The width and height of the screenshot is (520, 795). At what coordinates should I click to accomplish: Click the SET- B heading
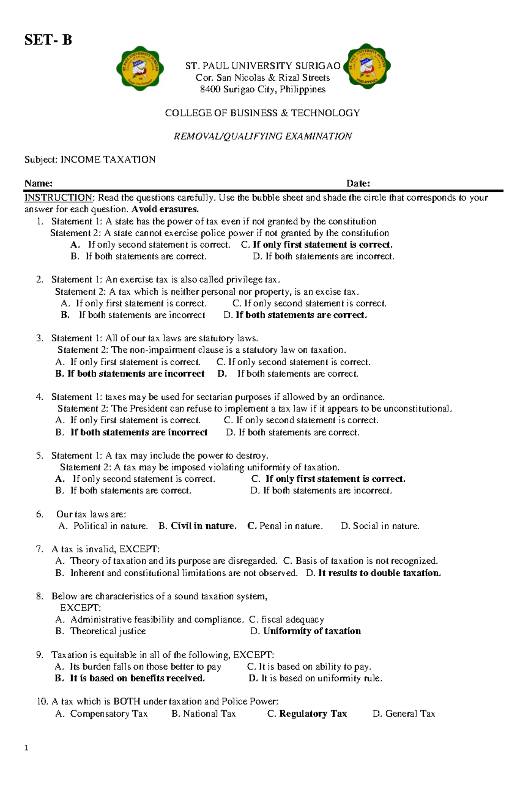pyautogui.click(x=48, y=40)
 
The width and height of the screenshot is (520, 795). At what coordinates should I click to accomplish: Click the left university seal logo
pyautogui.click(x=140, y=68)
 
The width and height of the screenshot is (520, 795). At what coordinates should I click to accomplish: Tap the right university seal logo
pyautogui.click(x=368, y=66)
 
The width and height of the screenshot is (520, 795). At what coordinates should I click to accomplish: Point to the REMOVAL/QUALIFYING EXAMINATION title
pyautogui.click(x=263, y=136)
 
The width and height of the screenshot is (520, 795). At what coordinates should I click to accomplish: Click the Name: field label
pyautogui.click(x=39, y=183)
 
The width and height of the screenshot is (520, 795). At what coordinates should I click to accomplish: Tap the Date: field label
pyautogui.click(x=358, y=183)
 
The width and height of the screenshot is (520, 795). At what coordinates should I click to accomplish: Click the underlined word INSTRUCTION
pyautogui.click(x=58, y=198)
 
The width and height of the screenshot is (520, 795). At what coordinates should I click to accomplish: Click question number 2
pyautogui.click(x=40, y=279)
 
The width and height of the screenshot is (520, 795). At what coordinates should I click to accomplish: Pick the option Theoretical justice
pyautogui.click(x=108, y=631)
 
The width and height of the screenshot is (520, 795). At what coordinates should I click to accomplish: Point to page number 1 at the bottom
pyautogui.click(x=27, y=748)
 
